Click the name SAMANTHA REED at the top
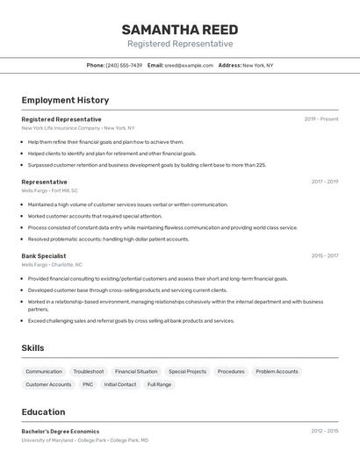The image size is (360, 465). [x=180, y=30]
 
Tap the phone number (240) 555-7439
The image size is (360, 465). [x=124, y=65]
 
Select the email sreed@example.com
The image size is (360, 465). [x=188, y=65]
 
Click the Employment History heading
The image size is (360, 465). [x=65, y=100]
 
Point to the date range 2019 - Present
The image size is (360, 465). [x=321, y=119]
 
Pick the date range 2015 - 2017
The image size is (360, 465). [x=324, y=256]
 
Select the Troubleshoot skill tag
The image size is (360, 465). [x=89, y=371]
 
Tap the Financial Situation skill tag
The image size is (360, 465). [x=136, y=371]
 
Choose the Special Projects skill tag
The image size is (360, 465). [x=188, y=371]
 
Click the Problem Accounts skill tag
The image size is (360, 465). [x=277, y=371]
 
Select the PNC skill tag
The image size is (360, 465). [x=88, y=384]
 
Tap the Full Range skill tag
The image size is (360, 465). [x=159, y=384]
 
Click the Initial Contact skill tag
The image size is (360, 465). [x=120, y=384]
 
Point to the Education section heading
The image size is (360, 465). [x=43, y=412]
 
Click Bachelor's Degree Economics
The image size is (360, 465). [x=61, y=432]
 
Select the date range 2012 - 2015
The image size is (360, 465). [x=324, y=432]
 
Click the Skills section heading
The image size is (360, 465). [x=32, y=348]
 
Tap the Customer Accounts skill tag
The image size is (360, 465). [x=48, y=384]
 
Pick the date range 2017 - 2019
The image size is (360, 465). [x=324, y=182]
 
